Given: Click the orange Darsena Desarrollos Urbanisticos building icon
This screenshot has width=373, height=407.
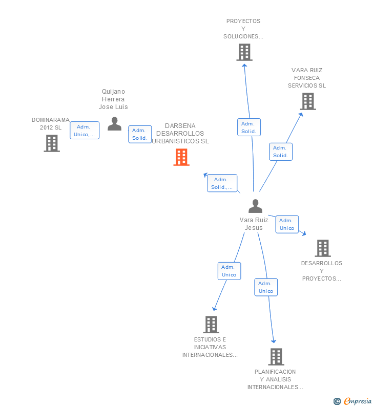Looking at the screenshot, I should pos(181,157).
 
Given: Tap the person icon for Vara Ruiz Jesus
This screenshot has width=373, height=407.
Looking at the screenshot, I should pos(255,206).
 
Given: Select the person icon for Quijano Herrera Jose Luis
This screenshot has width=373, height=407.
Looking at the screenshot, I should pos(114,124).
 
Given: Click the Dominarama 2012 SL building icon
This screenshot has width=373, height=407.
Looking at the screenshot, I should pos(52,143).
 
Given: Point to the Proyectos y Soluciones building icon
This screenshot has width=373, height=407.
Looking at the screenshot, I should pos(244,52).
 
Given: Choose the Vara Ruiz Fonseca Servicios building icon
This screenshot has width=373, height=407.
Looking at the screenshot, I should pos(307,101).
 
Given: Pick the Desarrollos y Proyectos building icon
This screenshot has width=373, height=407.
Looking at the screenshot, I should pos(322,248).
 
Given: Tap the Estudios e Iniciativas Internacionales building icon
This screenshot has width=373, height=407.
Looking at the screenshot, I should pos(211,325).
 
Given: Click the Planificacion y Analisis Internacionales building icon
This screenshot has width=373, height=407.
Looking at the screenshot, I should pos(276,357).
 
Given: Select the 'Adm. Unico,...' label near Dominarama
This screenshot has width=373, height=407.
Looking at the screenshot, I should pos(85,131).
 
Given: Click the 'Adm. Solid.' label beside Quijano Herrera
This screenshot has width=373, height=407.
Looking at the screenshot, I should pos(140,134).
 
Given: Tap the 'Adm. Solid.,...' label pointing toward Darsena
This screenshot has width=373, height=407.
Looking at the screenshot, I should pos(222,183).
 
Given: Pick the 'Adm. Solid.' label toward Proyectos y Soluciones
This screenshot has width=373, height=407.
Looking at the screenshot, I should pos(249,127).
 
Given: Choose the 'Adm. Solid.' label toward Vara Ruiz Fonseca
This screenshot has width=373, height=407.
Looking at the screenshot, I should pos(281,152).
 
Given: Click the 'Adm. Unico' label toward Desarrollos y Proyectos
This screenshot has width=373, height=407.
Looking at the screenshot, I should pos(287,224).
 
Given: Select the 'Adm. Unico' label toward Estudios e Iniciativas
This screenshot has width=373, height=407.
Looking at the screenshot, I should pos(229,271).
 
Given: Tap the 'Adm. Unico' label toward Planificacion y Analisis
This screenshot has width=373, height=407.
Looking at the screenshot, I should pos(266,287).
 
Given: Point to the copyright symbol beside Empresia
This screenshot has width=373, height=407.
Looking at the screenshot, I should pos(337,401).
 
